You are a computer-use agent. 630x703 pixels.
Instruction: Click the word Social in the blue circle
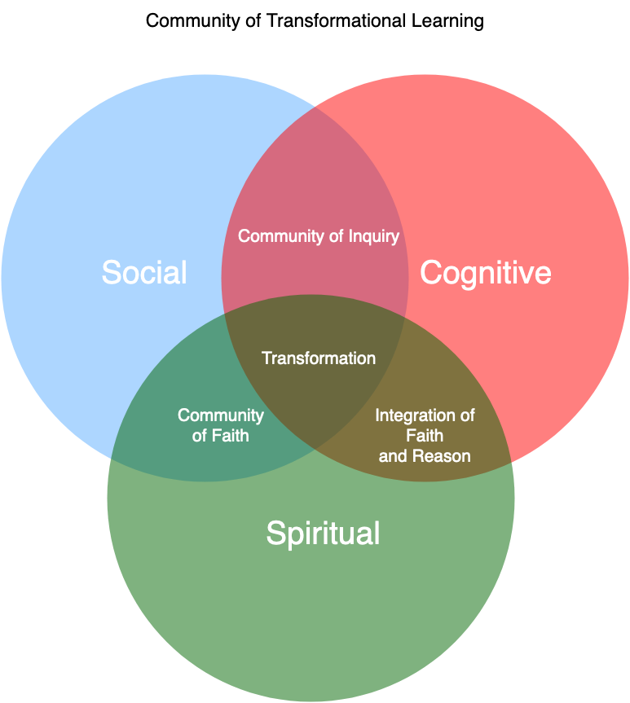click(144, 272)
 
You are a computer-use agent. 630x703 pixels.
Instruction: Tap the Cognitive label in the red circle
click(485, 273)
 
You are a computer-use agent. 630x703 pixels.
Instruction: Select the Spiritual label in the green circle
click(323, 534)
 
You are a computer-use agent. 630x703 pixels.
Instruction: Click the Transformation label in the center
click(319, 358)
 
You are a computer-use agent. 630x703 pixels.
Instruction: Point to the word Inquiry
click(374, 236)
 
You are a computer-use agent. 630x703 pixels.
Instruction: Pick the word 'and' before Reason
click(393, 456)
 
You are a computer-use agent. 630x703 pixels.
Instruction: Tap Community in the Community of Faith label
click(221, 415)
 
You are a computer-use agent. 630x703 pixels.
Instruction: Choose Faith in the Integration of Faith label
click(425, 436)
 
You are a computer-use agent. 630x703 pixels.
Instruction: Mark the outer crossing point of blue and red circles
click(315, 107)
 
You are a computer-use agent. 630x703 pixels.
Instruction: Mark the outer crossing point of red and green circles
click(510, 462)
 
